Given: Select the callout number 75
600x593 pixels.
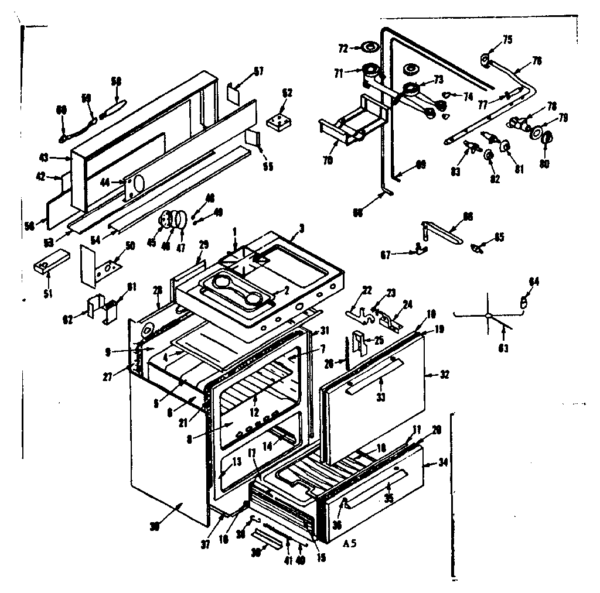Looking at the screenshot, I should [x=507, y=40].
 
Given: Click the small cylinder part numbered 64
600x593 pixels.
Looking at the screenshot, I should [x=524, y=301].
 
